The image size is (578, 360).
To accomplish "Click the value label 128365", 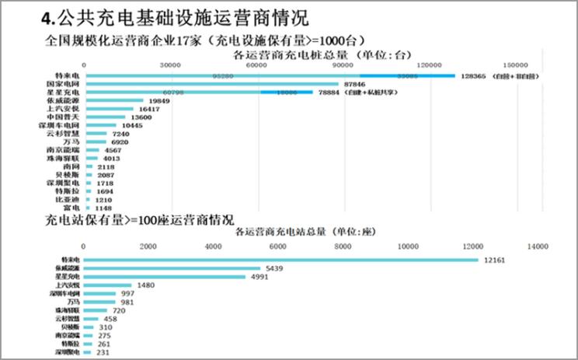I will [472, 76].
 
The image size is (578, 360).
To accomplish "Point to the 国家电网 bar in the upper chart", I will [211, 83].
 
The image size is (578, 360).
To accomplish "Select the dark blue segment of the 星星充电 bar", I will [287, 92].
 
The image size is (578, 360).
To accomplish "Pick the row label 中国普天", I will [59, 117].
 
